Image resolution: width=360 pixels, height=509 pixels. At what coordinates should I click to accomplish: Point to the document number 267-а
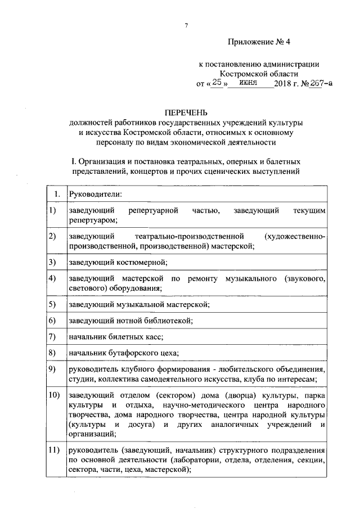(318, 83)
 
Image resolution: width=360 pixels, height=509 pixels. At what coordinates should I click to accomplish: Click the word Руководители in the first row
(95, 195)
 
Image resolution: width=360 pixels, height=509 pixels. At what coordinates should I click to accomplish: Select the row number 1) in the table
(52, 210)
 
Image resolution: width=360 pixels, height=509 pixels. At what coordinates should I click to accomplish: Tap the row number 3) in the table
(52, 262)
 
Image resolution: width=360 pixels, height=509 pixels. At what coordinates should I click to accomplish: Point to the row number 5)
(52, 304)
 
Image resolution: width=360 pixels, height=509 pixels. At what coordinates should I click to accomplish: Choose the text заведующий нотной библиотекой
(130, 321)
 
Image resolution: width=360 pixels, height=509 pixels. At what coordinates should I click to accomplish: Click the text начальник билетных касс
(115, 336)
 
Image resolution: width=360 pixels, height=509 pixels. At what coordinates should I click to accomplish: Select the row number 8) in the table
(52, 353)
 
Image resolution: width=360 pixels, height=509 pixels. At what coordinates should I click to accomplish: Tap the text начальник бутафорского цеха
(123, 353)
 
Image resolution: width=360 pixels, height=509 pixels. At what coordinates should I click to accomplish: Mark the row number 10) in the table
(54, 395)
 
